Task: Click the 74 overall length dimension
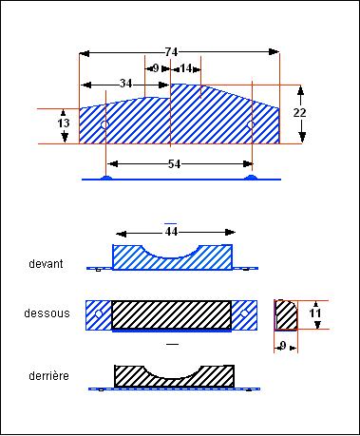[171, 52]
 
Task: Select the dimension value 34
[125, 84]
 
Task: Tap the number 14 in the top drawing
[186, 68]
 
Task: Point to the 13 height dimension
[64, 123]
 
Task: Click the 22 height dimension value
[299, 113]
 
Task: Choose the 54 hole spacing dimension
[174, 164]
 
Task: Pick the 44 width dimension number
[171, 232]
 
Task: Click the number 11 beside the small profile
[315, 313]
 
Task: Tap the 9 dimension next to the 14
[156, 68]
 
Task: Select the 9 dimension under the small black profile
[283, 346]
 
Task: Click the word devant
[46, 264]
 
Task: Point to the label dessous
[47, 313]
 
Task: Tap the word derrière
[48, 376]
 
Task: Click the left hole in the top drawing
[104, 125]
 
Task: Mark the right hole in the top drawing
[251, 124]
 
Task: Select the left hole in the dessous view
[99, 313]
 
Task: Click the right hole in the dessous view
[244, 313]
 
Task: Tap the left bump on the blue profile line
[106, 178]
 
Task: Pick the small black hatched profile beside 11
[286, 315]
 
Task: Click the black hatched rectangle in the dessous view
[171, 314]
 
